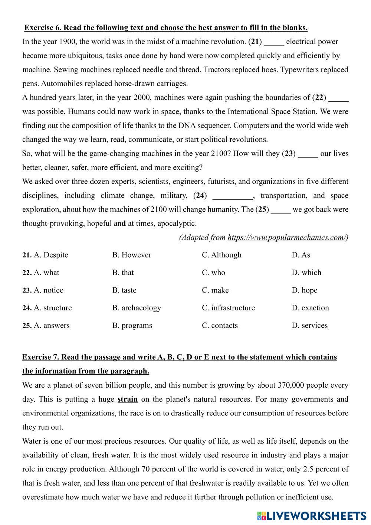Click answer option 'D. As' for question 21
click(x=301, y=255)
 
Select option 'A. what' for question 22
click(x=46, y=273)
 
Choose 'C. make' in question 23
click(x=215, y=290)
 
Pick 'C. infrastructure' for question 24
click(x=228, y=308)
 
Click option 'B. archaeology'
click(x=137, y=308)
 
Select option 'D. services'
click(x=309, y=326)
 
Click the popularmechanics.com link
click(x=288, y=238)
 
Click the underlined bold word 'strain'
click(x=128, y=400)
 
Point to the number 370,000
click(x=290, y=385)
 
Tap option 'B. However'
click(x=132, y=255)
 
